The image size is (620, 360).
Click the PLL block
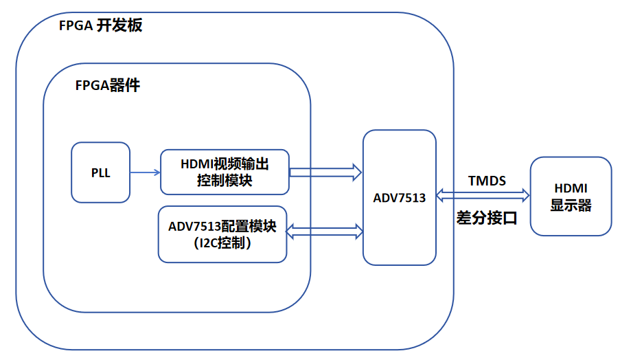coord(100,172)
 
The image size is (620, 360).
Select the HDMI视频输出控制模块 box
coord(225,172)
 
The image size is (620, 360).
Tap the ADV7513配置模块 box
coord(222,234)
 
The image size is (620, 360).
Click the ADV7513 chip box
coord(399,197)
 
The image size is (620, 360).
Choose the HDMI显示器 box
coord(571,196)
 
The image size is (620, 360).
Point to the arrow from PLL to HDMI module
coord(145,172)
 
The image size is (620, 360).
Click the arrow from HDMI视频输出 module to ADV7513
coord(325,172)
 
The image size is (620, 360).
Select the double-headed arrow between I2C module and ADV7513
coord(325,232)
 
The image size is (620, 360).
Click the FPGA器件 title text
coord(108,86)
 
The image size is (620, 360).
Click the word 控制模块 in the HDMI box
coord(225,181)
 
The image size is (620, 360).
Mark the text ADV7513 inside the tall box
coord(399,198)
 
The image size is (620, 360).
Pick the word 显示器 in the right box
coord(571,205)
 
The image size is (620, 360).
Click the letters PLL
coord(100,173)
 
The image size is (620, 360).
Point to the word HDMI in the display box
coord(571,188)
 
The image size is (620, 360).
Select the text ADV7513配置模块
coord(222,226)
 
